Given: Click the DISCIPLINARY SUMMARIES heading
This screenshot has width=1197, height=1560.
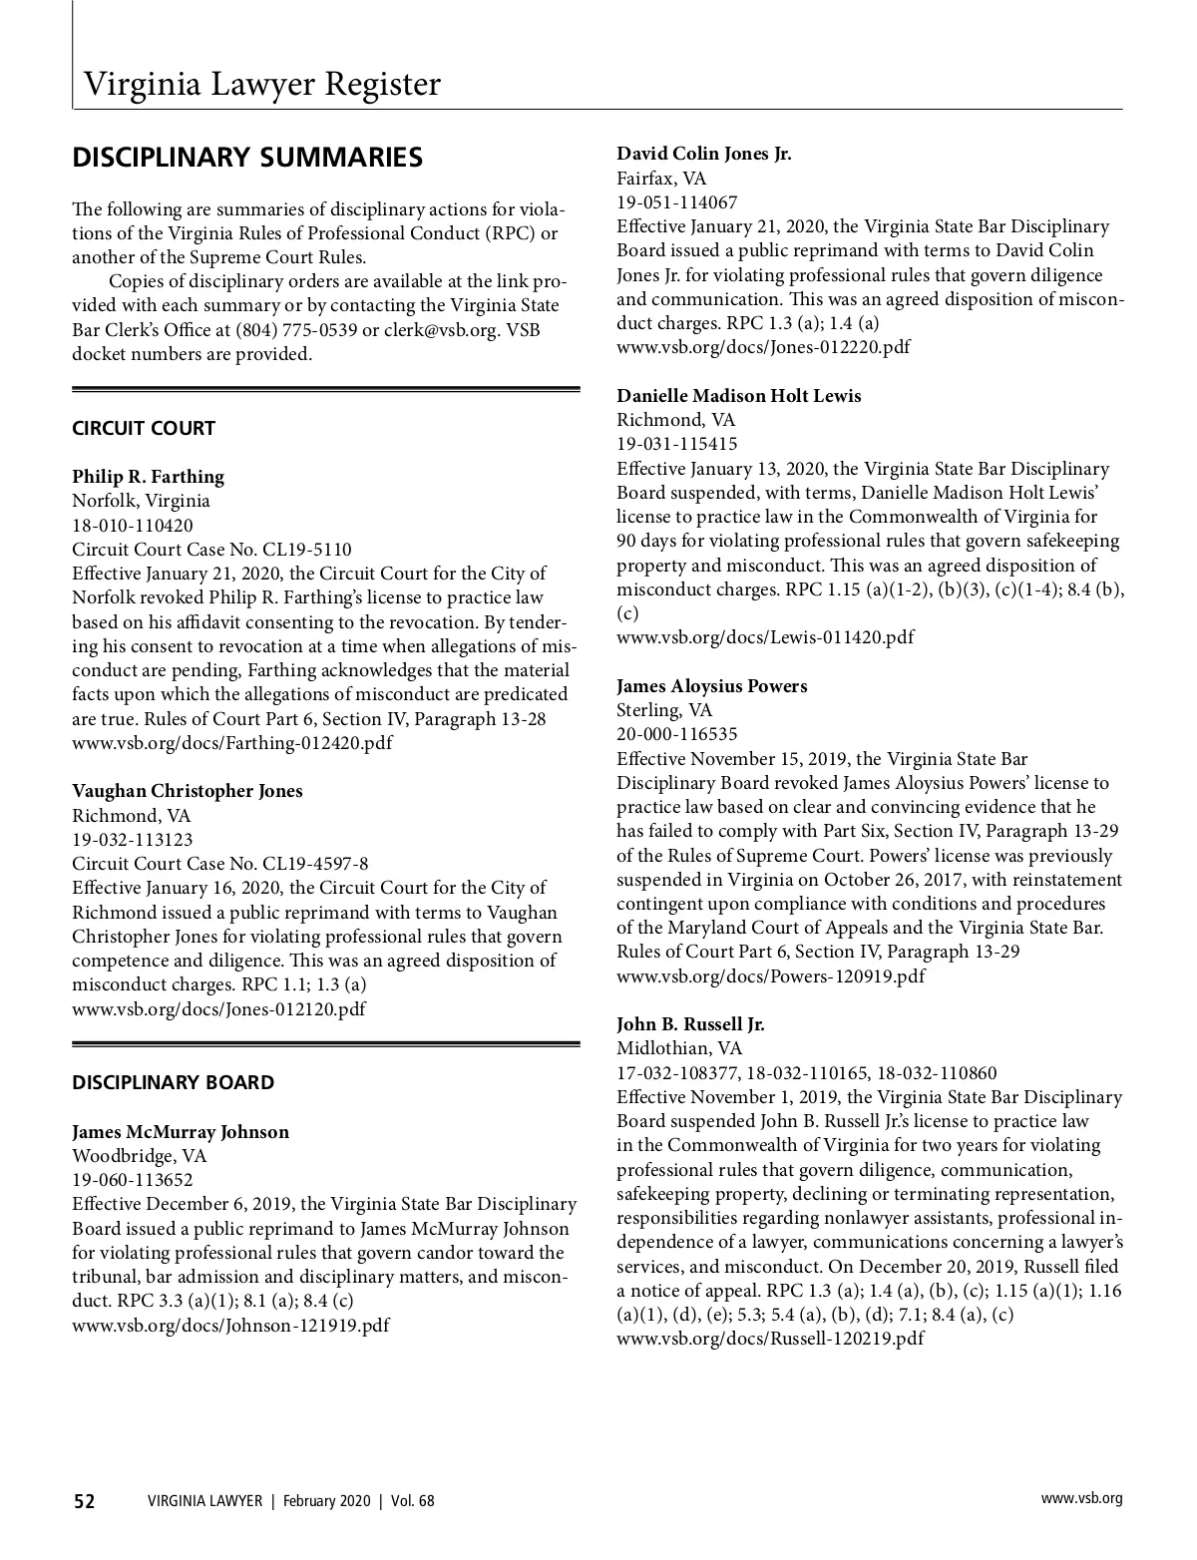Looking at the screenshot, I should point(247,158).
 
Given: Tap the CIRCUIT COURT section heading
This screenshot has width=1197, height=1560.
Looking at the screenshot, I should point(144,429).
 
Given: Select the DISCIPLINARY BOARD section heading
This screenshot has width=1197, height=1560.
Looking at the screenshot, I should point(173,1083).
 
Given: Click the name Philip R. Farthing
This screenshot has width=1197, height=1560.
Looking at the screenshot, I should point(148,477).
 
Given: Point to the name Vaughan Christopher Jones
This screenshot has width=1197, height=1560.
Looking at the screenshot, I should point(188,791).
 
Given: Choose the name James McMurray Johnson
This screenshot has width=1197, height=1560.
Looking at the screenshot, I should point(181,1132).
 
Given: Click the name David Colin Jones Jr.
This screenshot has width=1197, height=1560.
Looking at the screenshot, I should point(703,154).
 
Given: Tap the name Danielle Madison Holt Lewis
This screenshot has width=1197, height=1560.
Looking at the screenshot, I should point(738,396).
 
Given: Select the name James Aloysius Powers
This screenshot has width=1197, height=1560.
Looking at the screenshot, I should point(711,686).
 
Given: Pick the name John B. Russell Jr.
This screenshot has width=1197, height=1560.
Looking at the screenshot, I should point(690,1024).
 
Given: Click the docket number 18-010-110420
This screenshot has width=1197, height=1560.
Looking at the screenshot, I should point(133,526).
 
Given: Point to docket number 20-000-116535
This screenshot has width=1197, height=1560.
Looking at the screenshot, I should point(677,735).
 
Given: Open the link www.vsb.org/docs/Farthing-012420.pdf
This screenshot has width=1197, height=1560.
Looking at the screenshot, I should point(231,743).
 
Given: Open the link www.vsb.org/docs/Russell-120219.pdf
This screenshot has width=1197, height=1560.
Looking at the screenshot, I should point(770,1339).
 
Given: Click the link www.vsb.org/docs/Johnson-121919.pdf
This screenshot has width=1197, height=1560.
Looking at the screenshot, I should point(230,1326).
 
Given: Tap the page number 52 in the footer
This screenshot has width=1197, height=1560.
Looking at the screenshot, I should point(84,1501).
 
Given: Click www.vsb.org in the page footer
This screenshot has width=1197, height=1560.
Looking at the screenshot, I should point(1081,1498).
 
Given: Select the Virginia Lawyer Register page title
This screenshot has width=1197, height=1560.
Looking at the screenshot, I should point(261,84).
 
